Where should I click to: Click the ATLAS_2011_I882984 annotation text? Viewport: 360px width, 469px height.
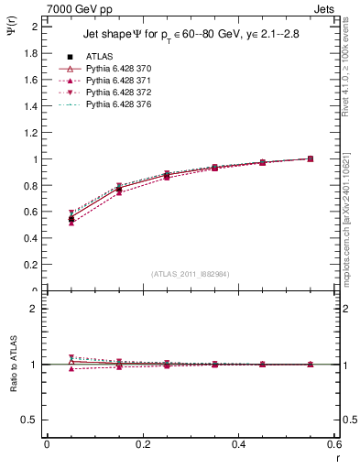point(190,274)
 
